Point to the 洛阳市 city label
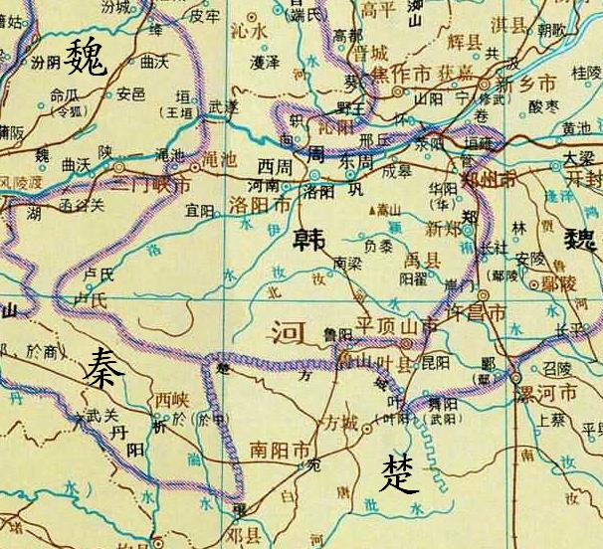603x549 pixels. coord(261,204)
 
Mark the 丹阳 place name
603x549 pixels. coord(127,443)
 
